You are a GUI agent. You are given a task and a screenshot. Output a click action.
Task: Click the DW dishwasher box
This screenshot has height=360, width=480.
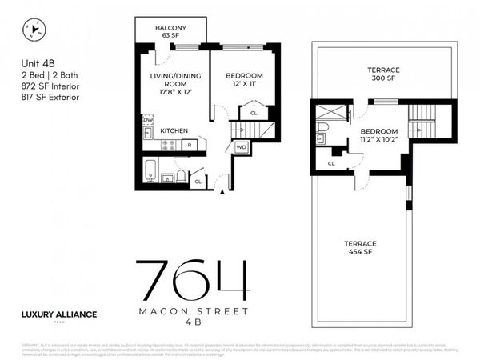[x=148, y=120]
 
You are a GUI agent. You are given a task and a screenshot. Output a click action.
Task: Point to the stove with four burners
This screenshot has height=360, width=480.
[x=170, y=145]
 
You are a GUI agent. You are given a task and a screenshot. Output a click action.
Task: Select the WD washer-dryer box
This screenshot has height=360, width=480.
[x=242, y=147]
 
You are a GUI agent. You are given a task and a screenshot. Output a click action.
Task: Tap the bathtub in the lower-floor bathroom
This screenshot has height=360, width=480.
[x=153, y=170]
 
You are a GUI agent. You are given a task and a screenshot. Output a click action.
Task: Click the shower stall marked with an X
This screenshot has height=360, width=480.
[x=327, y=112]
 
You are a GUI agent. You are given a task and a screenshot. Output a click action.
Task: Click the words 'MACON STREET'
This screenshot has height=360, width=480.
[x=192, y=311]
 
